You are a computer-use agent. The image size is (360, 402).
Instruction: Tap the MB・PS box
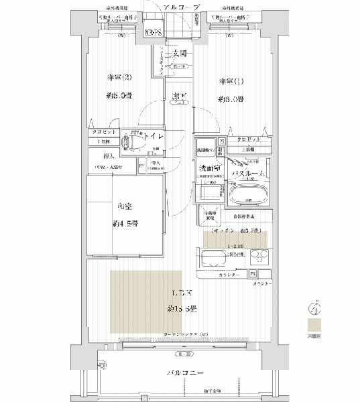pos(152,31)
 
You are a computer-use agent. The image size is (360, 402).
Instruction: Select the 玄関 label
pos(179,54)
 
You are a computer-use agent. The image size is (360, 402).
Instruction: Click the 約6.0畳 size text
pos(231,98)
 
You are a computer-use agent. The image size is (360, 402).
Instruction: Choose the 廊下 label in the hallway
pos(178,97)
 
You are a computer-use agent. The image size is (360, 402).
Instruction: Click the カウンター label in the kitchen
pos(214,275)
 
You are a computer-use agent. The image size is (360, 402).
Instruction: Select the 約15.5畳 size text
pos(182,309)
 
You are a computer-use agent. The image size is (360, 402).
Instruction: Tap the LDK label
pos(182,293)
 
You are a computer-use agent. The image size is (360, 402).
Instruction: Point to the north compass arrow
pos(312,308)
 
